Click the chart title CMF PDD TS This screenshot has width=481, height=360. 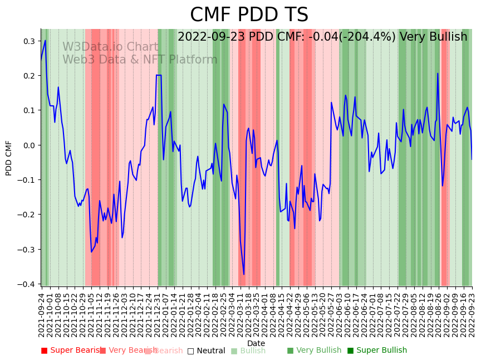pyautogui.click(x=249, y=15)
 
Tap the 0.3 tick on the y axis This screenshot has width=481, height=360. pyautogui.click(x=30, y=41)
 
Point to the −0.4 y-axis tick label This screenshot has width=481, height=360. pyautogui.click(x=27, y=284)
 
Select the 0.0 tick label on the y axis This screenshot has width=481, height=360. pyautogui.click(x=30, y=145)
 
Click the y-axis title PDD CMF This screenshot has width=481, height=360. pyautogui.click(x=9, y=158)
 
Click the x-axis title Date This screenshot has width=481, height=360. pyautogui.click(x=256, y=343)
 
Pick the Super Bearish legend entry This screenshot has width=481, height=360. pyautogui.click(x=70, y=351)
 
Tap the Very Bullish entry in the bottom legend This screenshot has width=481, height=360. pyautogui.click(x=314, y=351)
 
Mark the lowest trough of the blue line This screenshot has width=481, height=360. pyautogui.click(x=244, y=274)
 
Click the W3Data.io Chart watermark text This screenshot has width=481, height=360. pyautogui.click(x=110, y=47)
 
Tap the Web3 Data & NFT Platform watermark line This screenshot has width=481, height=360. pyautogui.click(x=140, y=60)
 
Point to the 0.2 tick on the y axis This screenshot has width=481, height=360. pyautogui.click(x=30, y=76)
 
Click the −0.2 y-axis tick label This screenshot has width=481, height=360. pyautogui.click(x=27, y=215)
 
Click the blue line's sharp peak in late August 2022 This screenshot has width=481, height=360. pyautogui.click(x=438, y=74)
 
